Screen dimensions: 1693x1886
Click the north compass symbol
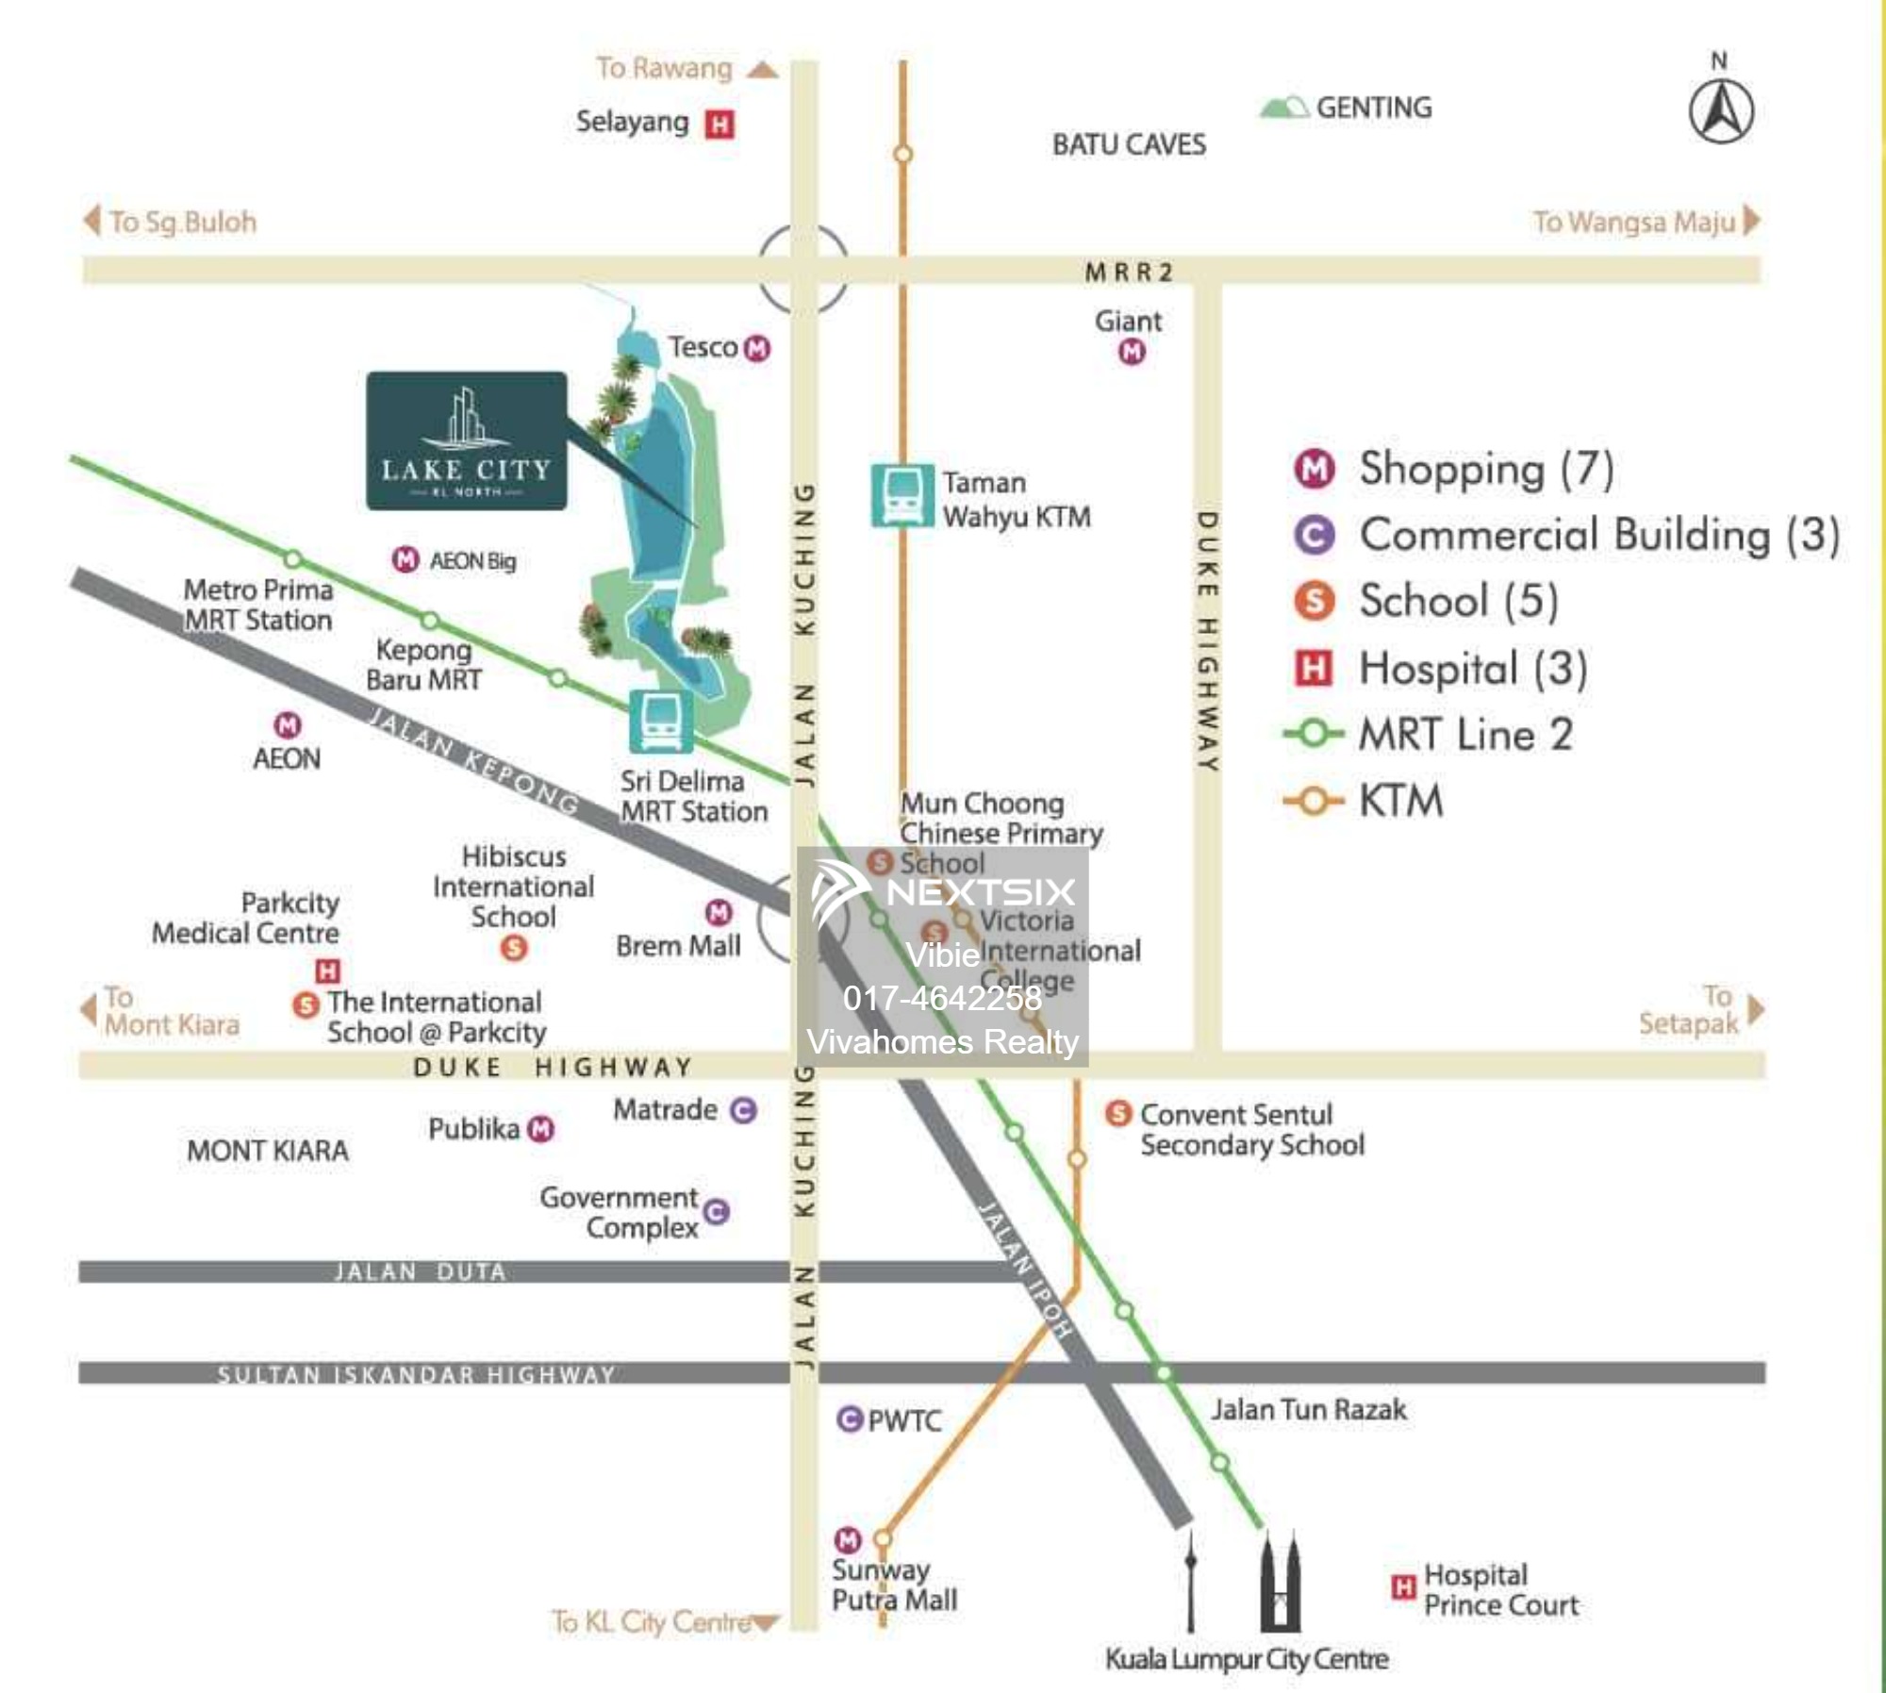[1720, 111]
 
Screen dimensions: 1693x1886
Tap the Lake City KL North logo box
[466, 440]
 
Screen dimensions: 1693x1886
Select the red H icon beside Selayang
[720, 124]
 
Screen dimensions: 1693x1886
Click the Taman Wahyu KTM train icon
[902, 494]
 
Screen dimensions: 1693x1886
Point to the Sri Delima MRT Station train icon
[660, 722]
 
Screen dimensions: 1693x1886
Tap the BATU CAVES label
[1129, 144]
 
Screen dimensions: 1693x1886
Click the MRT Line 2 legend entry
[1429, 734]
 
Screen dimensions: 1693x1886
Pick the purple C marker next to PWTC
[850, 1419]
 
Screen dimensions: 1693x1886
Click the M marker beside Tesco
[757, 348]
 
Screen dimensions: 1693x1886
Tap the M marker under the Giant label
[1132, 352]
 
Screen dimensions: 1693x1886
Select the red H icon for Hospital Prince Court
[1403, 1587]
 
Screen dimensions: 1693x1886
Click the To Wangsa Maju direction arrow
[1751, 220]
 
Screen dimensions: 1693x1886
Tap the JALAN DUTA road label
[420, 1271]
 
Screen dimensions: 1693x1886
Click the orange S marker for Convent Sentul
[1118, 1113]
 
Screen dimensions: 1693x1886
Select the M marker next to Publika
[541, 1129]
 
